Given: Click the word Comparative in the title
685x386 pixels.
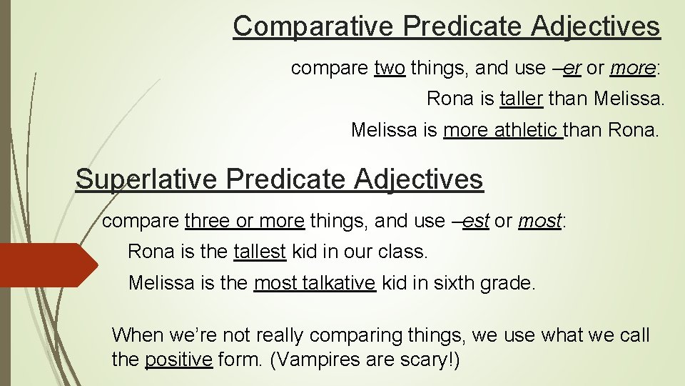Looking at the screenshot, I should click(313, 26).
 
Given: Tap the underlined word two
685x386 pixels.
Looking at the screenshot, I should click(390, 69).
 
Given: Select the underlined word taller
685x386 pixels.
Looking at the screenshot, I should click(522, 98).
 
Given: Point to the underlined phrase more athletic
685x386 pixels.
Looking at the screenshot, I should click(502, 130).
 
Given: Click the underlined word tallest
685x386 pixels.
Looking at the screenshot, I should click(260, 252).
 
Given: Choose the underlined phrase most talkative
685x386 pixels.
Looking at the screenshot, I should click(315, 282).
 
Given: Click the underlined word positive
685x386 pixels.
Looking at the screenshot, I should click(178, 360).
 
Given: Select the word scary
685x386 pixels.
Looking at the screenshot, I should click(427, 360).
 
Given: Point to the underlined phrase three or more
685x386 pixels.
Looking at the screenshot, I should click(245, 221).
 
